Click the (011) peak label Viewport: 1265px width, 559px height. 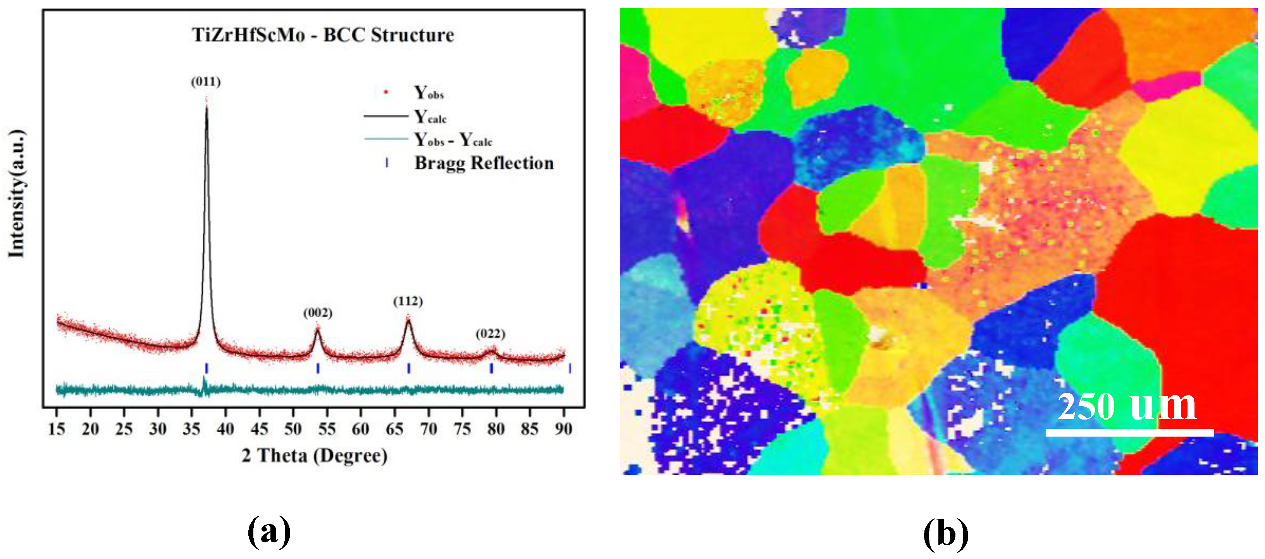206,81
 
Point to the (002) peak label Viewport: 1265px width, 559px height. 318,313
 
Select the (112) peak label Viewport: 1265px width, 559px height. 408,301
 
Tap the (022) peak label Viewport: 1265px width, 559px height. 490,334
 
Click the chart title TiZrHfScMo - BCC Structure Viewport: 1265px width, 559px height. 323,35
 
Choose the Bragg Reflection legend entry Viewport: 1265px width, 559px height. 484,163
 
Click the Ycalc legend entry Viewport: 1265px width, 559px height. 430,117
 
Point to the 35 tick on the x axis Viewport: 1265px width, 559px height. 191,429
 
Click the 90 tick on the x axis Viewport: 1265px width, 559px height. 563,429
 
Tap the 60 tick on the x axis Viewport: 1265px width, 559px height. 360,429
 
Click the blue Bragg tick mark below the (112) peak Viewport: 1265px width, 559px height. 409,368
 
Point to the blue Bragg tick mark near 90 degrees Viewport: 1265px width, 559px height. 570,368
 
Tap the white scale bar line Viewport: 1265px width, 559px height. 1129,432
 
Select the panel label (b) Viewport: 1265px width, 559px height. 946,533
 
